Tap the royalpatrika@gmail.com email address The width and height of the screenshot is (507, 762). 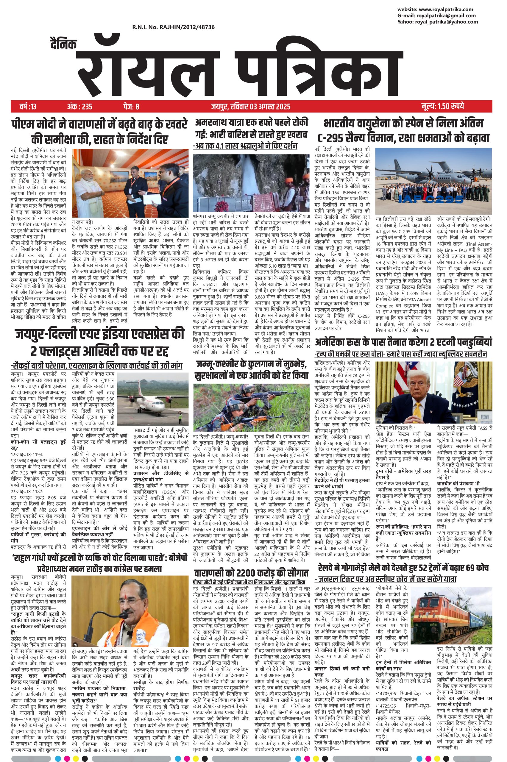(x=446, y=15)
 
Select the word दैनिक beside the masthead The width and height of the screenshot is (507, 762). (x=63, y=44)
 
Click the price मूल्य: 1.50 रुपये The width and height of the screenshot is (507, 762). (x=443, y=106)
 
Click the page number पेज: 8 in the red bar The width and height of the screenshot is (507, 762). (x=131, y=106)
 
